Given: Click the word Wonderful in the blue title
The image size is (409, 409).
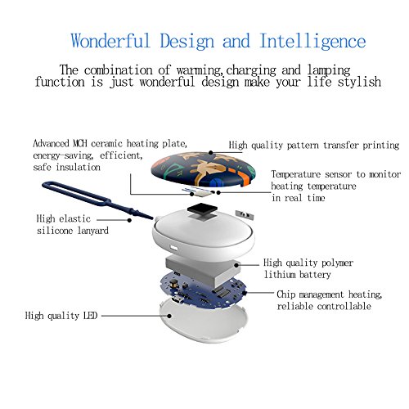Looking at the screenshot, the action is tap(110, 41).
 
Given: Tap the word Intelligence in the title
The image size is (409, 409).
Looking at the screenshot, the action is tap(312, 42).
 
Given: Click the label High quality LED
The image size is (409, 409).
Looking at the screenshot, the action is tap(61, 316).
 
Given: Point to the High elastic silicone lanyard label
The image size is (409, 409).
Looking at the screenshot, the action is tap(73, 224).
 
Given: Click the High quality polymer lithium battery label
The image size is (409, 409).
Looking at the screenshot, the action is tap(308, 268).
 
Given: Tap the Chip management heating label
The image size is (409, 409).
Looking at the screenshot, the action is tap(330, 300).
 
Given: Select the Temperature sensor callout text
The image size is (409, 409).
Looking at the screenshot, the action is tap(336, 186).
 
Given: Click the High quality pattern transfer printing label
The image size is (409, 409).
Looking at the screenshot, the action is tap(314, 145).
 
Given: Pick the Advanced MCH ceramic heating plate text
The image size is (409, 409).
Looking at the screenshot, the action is tap(110, 155).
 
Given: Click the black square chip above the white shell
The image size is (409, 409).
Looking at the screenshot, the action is tap(202, 209).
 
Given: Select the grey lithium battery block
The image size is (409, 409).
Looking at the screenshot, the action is tap(203, 270).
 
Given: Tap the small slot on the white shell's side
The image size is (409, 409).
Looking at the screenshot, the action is tap(173, 248).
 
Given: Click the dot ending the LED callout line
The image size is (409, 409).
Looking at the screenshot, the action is tap(169, 316).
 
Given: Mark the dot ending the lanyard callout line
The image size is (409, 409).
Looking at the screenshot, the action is tap(129, 220).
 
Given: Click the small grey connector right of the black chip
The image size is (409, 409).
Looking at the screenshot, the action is tap(245, 214).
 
